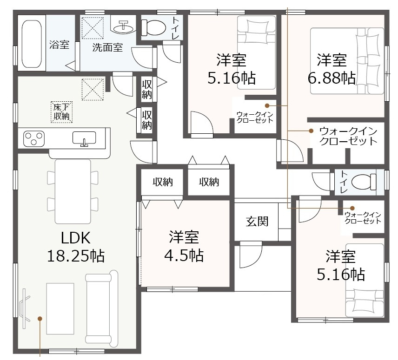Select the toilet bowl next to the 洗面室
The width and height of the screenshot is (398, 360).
click(153, 27)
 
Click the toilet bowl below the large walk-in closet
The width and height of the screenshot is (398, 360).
click(364, 182)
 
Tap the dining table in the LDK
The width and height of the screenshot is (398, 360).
click(73, 191)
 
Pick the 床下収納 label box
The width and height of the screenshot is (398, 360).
click(62, 112)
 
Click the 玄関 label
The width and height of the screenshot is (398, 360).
click(257, 221)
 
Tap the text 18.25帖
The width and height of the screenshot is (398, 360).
click(76, 256)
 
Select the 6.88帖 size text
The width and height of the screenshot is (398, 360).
click(332, 78)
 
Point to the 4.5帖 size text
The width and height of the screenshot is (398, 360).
click(184, 255)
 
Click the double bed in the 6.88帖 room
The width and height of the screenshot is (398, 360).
click(347, 61)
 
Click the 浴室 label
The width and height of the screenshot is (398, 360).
click(59, 45)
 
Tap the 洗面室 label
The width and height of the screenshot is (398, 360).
click(107, 47)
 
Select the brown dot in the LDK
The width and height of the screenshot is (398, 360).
click(40, 318)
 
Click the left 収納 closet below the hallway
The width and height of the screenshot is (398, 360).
click(162, 182)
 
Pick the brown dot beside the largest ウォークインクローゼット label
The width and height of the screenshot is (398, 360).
click(311, 131)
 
